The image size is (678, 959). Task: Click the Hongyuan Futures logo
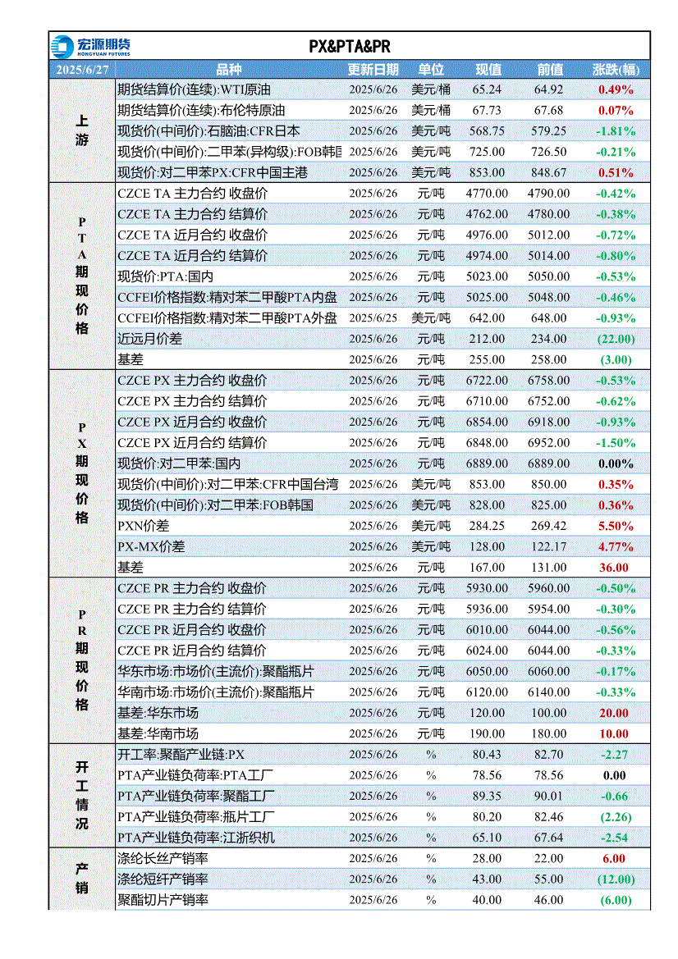tap(90, 47)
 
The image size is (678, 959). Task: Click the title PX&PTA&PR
tap(350, 47)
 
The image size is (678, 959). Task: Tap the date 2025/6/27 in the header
tap(82, 70)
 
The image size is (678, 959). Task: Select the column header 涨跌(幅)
tap(616, 70)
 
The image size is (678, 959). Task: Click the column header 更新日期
tap(373, 70)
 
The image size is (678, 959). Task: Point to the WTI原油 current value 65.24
tap(487, 89)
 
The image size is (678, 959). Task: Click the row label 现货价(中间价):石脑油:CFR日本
tap(208, 131)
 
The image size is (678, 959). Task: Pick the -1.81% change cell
tap(616, 131)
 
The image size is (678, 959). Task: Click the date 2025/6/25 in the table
tap(373, 318)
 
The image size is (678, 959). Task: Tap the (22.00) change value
tap(616, 339)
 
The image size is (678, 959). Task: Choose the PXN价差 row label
tap(143, 526)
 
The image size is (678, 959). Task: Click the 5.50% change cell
tap(616, 526)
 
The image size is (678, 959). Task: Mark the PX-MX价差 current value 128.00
tap(487, 547)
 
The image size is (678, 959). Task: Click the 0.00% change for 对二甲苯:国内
tap(616, 464)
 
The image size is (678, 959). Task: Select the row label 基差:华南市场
tap(158, 734)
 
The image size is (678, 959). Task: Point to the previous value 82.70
tap(549, 755)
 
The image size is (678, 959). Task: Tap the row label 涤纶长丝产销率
tap(163, 859)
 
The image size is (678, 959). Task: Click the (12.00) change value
tap(616, 879)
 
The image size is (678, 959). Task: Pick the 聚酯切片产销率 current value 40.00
tap(487, 900)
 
